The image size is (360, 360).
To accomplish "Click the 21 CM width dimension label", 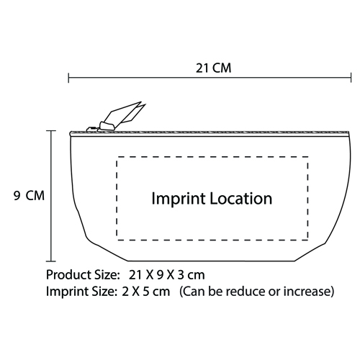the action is (213, 68).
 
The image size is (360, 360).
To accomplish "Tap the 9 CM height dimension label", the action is (29, 195).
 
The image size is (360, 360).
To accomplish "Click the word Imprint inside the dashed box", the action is (179, 199).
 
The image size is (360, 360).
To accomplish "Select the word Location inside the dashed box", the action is (241, 199).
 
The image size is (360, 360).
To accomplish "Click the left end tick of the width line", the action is (68, 78).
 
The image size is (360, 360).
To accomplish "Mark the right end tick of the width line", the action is (351, 78).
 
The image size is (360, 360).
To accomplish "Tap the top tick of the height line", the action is (51, 131).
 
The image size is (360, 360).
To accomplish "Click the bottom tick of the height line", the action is (51, 261).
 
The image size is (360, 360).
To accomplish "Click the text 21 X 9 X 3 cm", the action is (166, 275).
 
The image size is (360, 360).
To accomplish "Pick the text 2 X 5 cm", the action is (145, 292).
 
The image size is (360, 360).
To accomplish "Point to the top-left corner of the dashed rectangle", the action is (117, 157).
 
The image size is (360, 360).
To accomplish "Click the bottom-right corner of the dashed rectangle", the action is (307, 240).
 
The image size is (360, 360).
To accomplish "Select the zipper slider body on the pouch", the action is (107, 127).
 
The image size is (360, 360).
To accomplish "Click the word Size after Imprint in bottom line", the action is (104, 292).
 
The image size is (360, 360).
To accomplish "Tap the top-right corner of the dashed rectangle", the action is (307, 157).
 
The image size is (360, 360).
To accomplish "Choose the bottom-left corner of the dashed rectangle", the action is (117, 240).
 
